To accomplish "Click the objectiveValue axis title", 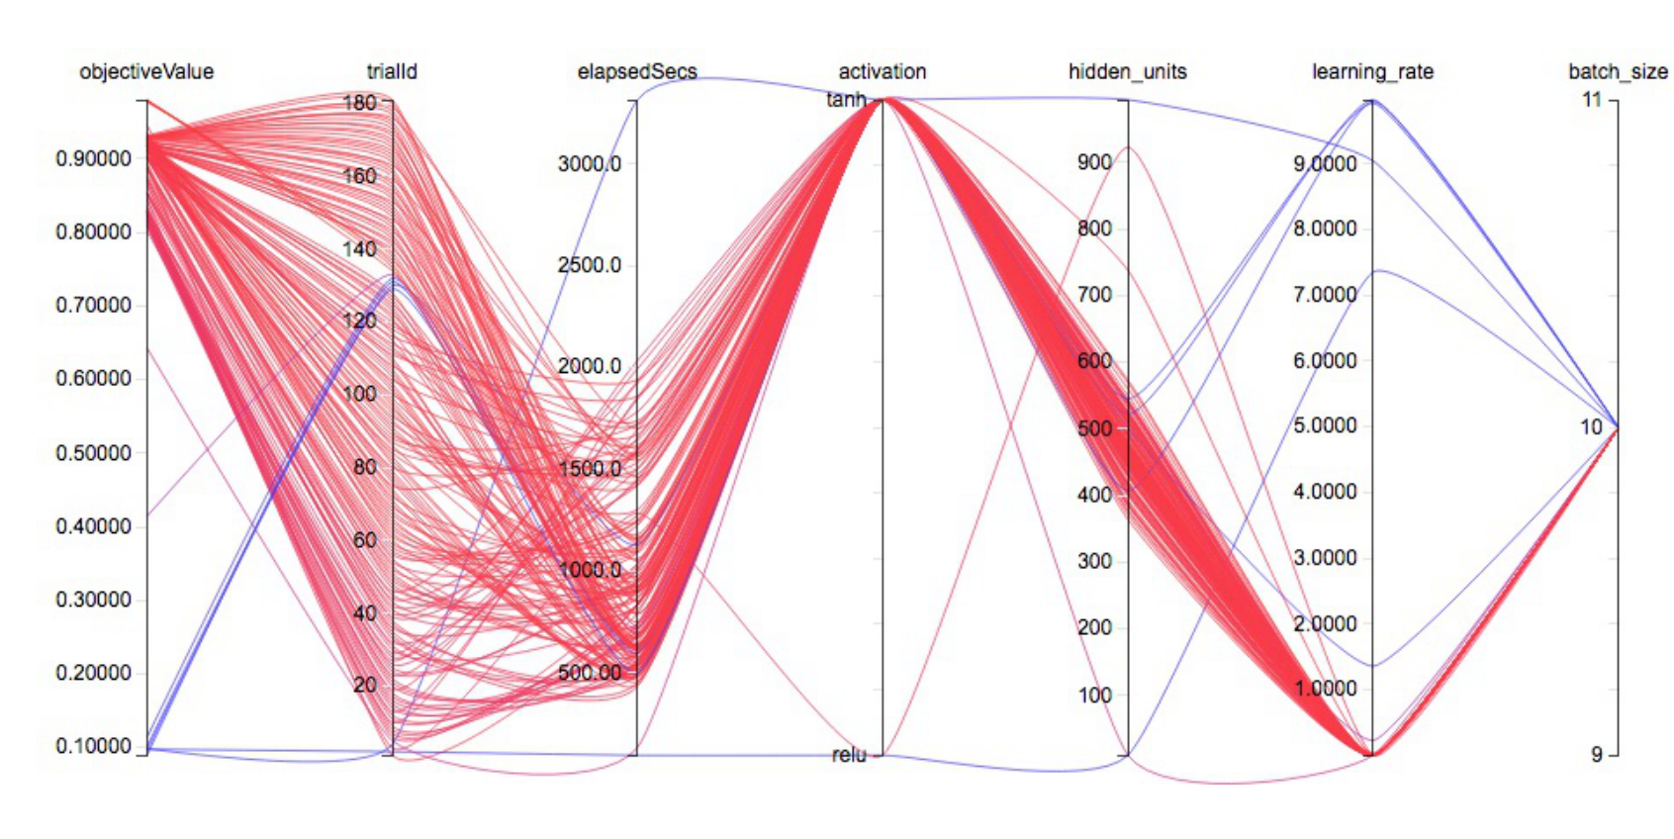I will (x=146, y=71).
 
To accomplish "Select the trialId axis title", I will (x=392, y=71).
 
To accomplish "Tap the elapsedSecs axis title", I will (x=637, y=71).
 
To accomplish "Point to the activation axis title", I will (x=883, y=71).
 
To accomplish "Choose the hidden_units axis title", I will (x=1127, y=71).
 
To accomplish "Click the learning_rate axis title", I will (x=1372, y=71).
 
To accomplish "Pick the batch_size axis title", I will (x=1618, y=71).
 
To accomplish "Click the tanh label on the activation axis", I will (x=847, y=99).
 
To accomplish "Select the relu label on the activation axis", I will (x=849, y=755).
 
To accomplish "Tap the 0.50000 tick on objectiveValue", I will (x=94, y=453).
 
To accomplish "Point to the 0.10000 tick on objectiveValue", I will (x=94, y=746).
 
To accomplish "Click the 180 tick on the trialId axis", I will (x=360, y=102).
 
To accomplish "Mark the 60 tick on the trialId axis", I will (x=365, y=540).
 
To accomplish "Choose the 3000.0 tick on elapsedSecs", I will (x=590, y=164).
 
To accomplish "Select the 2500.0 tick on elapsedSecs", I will (x=590, y=265).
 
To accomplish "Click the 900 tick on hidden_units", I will (x=1095, y=162).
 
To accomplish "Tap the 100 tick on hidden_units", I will (x=1095, y=696).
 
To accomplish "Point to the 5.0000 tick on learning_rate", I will (x=1325, y=426).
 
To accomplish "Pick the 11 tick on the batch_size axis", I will (x=1591, y=99).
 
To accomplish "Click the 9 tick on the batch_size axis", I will (x=1596, y=754).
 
